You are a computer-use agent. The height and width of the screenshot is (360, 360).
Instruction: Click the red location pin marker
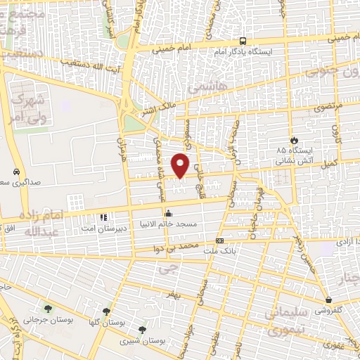click(x=181, y=165)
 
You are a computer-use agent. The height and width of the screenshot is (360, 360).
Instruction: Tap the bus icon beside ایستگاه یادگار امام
click(x=243, y=41)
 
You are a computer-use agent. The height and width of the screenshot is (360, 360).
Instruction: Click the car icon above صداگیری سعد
click(x=15, y=172)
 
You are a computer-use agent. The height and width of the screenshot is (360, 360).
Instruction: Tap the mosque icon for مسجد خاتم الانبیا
click(x=167, y=213)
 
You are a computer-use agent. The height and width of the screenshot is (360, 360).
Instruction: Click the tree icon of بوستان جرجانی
click(x=48, y=308)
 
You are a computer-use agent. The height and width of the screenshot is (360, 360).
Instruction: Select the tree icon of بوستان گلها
click(x=107, y=311)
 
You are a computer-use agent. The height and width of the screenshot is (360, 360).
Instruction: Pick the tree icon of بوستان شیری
click(x=143, y=329)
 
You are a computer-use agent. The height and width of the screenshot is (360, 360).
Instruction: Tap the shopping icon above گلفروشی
click(x=328, y=299)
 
